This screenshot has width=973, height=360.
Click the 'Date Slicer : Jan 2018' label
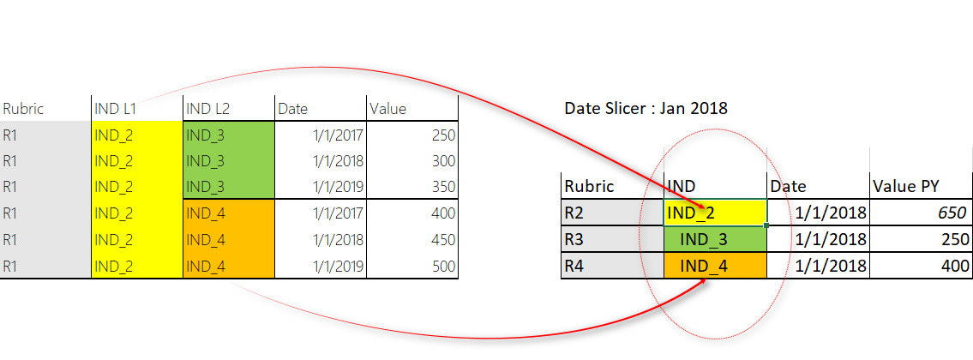coord(646,108)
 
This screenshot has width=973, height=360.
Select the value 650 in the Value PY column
coord(952,213)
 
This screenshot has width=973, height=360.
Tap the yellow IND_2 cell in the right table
coord(716,213)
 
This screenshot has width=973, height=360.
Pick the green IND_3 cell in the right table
coord(716,240)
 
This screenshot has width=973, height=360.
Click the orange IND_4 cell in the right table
coord(716,266)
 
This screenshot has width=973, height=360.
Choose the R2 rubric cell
coord(612,213)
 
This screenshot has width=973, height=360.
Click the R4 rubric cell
coord(612,266)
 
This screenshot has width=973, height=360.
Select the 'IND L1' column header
coord(116,109)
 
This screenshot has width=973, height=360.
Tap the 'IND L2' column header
coord(207,109)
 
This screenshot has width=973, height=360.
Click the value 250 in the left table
coord(442,135)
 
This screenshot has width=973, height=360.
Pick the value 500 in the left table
coord(442,267)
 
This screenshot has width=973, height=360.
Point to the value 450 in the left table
coord(442,240)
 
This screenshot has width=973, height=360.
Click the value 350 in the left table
coord(442,187)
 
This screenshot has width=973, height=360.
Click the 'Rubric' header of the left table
coord(23,109)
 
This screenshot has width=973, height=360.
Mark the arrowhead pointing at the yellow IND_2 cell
coord(700,206)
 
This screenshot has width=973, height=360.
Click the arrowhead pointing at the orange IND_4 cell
coord(701,282)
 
